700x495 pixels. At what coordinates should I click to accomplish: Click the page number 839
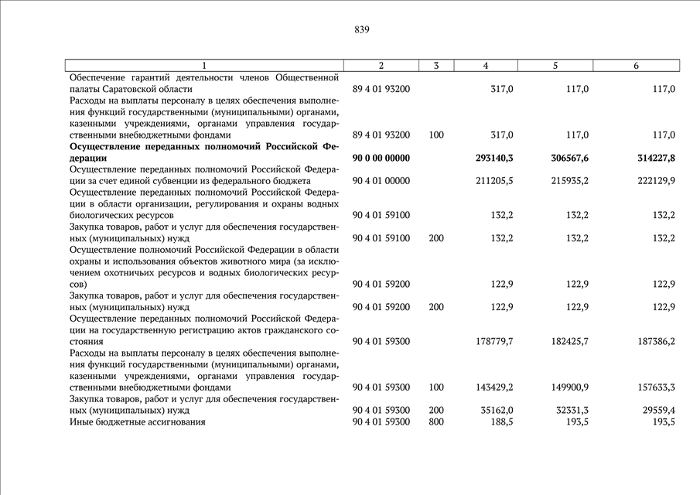click(x=361, y=30)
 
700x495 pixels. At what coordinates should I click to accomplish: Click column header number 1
click(x=204, y=66)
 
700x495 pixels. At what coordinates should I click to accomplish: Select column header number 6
click(x=636, y=66)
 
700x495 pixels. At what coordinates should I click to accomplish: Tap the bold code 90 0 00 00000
click(x=381, y=158)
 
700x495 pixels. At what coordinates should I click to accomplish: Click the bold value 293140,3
click(x=494, y=158)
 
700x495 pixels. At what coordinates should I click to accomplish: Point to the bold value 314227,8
click(x=652, y=158)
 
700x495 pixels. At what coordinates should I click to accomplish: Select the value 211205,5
click(x=494, y=181)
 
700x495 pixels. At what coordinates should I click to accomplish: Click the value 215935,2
click(x=566, y=181)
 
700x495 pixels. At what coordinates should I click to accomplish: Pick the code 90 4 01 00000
click(x=381, y=181)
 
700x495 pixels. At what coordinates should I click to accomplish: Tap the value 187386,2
click(x=652, y=341)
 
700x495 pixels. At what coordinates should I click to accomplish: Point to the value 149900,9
click(x=566, y=387)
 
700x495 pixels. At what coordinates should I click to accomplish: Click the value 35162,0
click(x=496, y=411)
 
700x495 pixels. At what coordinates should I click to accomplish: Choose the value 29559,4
click(x=654, y=411)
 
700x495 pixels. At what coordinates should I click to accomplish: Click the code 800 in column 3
click(x=436, y=422)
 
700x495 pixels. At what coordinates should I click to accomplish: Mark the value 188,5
click(x=502, y=422)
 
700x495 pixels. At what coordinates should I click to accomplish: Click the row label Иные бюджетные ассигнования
click(x=137, y=422)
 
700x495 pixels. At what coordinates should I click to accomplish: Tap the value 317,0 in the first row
click(x=502, y=90)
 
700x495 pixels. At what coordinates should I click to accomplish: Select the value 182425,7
click(x=566, y=341)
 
